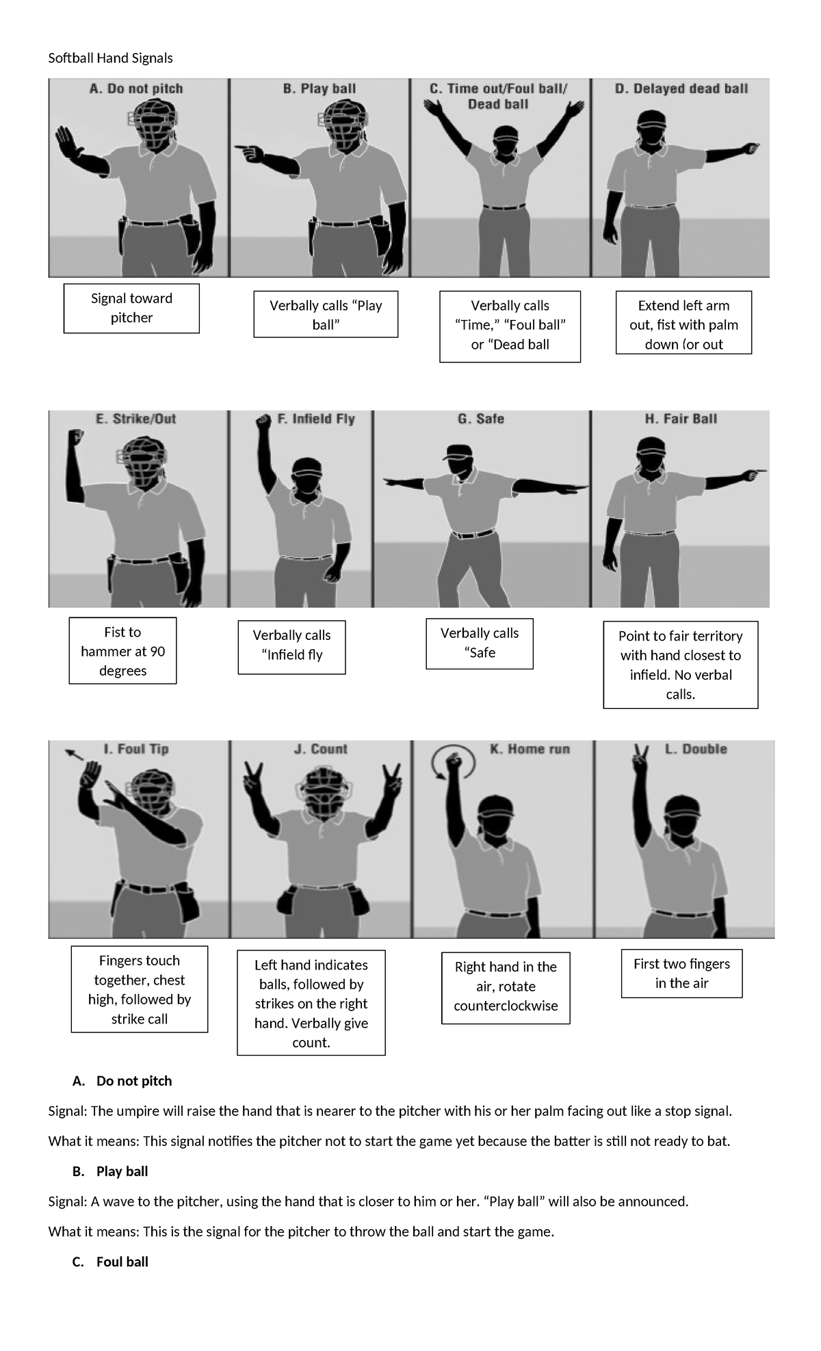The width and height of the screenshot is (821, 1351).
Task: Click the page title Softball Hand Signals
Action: [x=110, y=58]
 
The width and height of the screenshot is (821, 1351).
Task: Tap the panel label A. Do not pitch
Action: [x=136, y=89]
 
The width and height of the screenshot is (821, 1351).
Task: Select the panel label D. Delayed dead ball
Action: [x=681, y=89]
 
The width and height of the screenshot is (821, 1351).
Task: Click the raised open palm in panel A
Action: [x=66, y=142]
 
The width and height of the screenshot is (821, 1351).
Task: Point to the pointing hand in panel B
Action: [x=244, y=148]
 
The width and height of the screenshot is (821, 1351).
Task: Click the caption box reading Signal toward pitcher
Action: [x=131, y=308]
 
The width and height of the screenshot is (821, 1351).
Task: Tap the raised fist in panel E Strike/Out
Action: [x=75, y=438]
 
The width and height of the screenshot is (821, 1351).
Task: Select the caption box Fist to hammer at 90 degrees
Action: [x=122, y=651]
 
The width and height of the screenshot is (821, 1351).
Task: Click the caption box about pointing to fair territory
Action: [x=680, y=665]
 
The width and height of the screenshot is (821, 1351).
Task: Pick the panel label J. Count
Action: [x=320, y=749]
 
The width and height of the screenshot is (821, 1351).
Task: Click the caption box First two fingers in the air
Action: [x=681, y=973]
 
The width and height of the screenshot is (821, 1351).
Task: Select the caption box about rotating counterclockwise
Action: [x=506, y=987]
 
